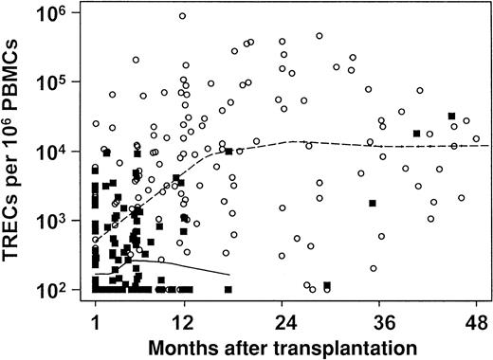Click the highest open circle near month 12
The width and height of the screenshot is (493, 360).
tap(182, 16)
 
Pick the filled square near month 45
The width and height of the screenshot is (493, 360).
tap(452, 117)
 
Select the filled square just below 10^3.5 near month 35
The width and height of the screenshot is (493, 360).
tap(373, 204)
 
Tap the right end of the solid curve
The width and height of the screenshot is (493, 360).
tap(228, 275)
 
